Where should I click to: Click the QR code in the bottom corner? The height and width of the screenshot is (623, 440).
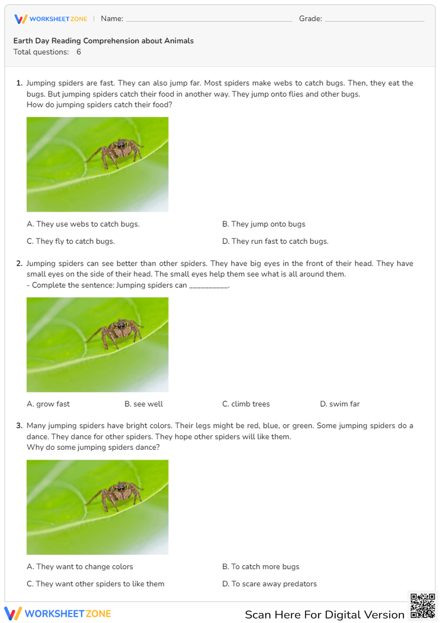tap(422, 606)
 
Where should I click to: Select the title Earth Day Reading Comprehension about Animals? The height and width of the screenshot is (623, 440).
tap(103, 41)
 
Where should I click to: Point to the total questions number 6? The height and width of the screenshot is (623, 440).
tap(79, 52)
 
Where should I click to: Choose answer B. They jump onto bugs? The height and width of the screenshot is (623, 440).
tap(264, 224)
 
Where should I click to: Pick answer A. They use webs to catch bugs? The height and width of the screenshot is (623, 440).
tap(83, 224)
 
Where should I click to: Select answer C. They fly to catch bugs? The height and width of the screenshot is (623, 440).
tap(71, 241)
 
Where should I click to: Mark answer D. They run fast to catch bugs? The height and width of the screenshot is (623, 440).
tap(275, 241)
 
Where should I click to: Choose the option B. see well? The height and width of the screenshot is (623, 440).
tap(143, 404)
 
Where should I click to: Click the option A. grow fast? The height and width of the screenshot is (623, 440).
tap(48, 404)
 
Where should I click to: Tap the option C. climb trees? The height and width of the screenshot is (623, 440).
tap(246, 404)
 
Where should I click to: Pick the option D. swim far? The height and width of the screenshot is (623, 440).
tap(340, 404)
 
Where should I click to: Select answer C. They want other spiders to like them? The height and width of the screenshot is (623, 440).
tap(95, 584)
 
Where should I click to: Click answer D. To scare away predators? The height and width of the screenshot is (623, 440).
tap(269, 584)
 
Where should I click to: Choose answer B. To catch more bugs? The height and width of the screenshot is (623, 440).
tap(260, 567)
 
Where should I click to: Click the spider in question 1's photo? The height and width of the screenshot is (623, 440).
tap(117, 152)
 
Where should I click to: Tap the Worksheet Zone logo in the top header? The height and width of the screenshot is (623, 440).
tap(51, 19)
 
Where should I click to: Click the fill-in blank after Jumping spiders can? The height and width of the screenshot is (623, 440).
tap(209, 286)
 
